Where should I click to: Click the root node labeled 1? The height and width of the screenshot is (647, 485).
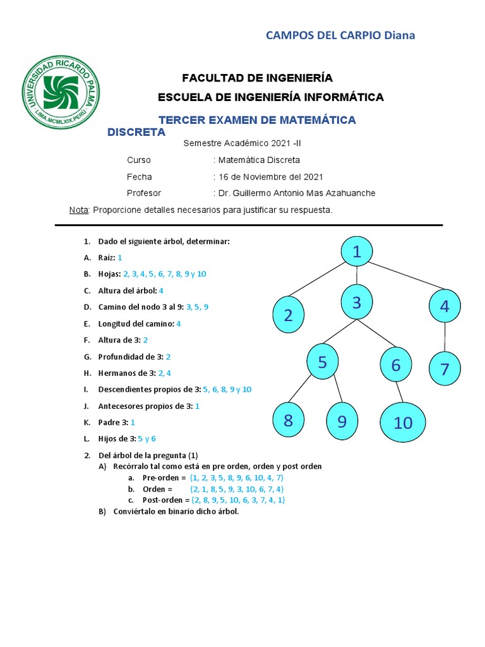click(x=357, y=251)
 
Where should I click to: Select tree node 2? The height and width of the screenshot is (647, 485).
click(x=289, y=315)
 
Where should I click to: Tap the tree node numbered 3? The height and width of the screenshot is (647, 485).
click(x=357, y=303)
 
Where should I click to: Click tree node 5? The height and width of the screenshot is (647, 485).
click(x=323, y=363)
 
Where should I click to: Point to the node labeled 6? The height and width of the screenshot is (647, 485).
click(x=396, y=365)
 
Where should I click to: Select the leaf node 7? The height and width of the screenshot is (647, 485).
click(x=445, y=369)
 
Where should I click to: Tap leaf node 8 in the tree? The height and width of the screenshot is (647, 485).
click(x=289, y=420)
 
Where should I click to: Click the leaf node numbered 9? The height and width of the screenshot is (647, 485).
click(x=342, y=421)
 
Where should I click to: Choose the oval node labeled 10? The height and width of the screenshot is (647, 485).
click(x=403, y=423)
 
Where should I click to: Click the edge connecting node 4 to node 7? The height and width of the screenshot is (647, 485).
click(x=445, y=338)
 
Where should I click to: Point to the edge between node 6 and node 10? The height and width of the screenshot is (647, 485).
click(x=398, y=392)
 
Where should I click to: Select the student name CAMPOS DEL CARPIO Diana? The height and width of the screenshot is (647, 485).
click(x=340, y=35)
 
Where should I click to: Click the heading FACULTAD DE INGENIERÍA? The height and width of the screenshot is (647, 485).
click(x=257, y=78)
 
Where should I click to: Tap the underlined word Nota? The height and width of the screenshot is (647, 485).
click(x=78, y=210)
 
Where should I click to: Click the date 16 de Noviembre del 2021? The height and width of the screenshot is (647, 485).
click(x=270, y=177)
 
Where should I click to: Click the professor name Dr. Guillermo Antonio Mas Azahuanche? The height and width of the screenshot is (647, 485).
click(x=296, y=193)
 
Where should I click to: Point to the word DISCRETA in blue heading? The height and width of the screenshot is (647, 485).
click(x=136, y=132)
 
